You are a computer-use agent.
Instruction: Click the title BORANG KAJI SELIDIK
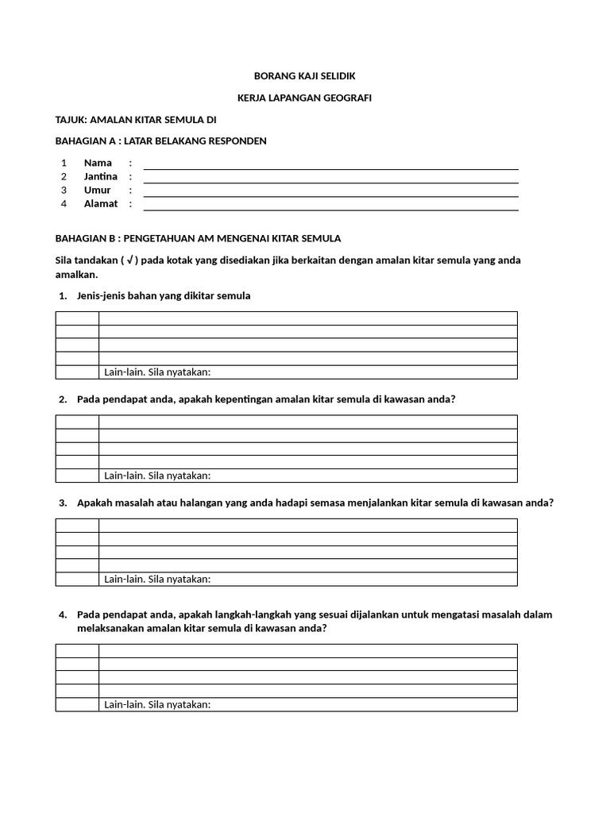pos(304,75)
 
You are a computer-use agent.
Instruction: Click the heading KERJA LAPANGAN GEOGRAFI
pos(304,98)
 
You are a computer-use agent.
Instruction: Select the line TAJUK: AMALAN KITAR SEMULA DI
pos(135,119)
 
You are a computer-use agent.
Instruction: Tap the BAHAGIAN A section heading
pos(160,141)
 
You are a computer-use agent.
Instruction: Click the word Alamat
pos(101,204)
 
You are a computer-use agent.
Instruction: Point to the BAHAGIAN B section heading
pos(198,238)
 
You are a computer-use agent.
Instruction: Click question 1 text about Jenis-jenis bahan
pos(164,295)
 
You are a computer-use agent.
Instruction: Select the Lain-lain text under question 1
pos(157,372)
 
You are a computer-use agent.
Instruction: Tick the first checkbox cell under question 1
pos(77,318)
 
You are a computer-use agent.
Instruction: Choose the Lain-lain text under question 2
pos(157,476)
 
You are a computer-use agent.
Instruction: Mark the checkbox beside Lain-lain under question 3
pos(77,579)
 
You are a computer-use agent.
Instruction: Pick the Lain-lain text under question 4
pos(157,704)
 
